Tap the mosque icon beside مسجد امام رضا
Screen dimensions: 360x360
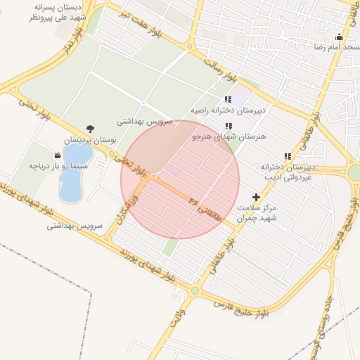point(340,37)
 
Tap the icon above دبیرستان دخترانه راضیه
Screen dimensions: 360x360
point(227,100)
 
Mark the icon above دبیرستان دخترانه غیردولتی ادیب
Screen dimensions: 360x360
point(287,157)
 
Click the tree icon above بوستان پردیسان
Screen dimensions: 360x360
point(89,128)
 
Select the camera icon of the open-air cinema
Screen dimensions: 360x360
point(58,155)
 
